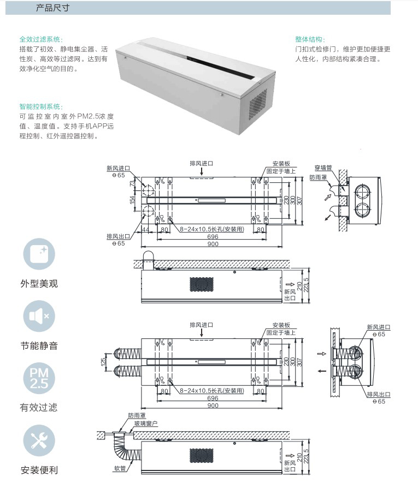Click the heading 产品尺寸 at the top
[52, 8]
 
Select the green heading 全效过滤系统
[41, 39]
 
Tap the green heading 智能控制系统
[41, 106]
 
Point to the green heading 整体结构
[310, 39]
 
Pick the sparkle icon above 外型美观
[40, 255]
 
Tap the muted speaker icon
[40, 316]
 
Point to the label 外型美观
[39, 284]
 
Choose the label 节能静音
[39, 345]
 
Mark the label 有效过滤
[39, 407]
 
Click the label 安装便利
[39, 470]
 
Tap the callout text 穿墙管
[323, 168]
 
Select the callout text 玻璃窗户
[146, 423]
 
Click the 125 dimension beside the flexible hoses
[103, 362]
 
